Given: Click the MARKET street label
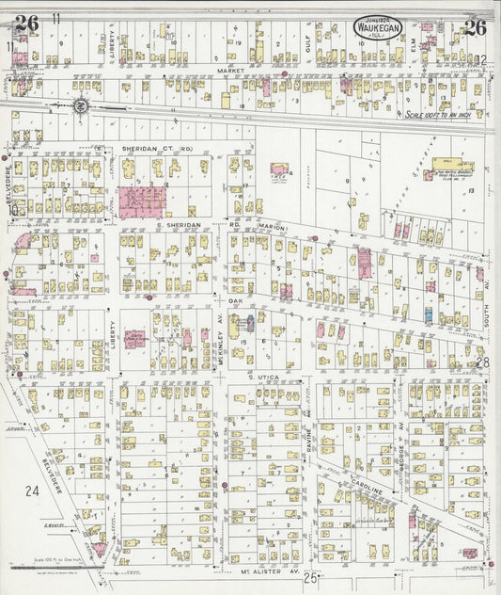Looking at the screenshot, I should pyautogui.click(x=229, y=71).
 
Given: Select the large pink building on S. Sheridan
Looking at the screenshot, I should pyautogui.click(x=142, y=201).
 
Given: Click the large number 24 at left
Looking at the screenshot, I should pyautogui.click(x=33, y=490).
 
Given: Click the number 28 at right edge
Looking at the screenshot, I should pyautogui.click(x=482, y=362).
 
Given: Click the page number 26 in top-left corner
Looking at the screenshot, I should pyautogui.click(x=26, y=24).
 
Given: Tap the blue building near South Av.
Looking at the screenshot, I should pyautogui.click(x=428, y=315).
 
